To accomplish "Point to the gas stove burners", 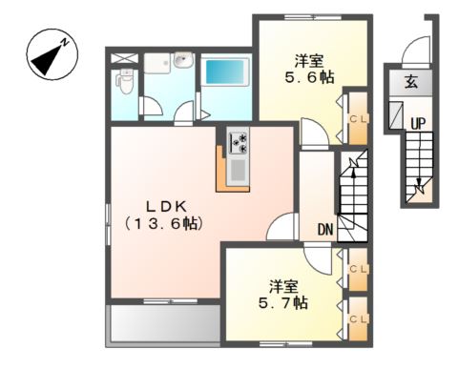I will pos(238,143).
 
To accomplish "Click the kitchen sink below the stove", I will pos(237,172).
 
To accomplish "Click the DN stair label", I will pos(325,229).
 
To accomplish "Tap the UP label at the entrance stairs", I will pos(417,123).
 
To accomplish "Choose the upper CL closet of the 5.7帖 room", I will pos(357,271).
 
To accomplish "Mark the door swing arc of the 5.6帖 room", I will pos(312,131).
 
